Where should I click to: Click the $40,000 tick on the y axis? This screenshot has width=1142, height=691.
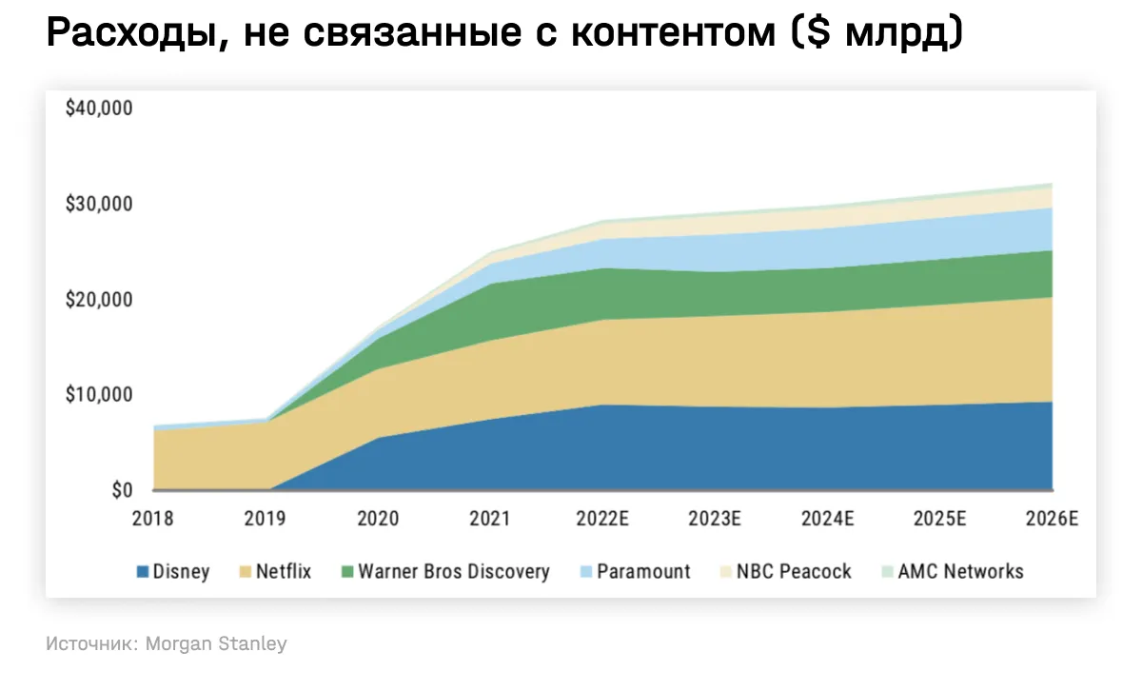click(x=99, y=109)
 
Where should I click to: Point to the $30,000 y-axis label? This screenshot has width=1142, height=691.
click(x=99, y=204)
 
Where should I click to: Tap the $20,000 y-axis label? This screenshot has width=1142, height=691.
click(x=99, y=300)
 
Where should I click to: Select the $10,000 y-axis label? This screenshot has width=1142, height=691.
click(x=99, y=394)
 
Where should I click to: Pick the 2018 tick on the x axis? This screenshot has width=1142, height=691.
click(x=154, y=519)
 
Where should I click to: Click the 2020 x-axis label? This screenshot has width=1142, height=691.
click(x=378, y=519)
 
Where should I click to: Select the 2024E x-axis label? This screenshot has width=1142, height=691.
click(x=829, y=519)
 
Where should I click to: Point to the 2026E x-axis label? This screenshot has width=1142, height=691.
click(x=1053, y=519)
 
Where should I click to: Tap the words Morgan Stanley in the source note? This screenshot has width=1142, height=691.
click(x=217, y=644)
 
